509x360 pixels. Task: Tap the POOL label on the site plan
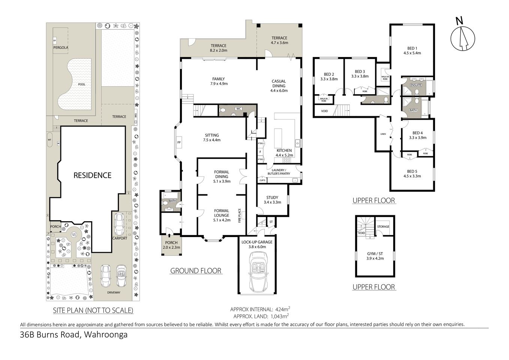coord(81,84)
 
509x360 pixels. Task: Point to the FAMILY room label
coord(218,79)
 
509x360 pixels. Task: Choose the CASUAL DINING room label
coord(279,84)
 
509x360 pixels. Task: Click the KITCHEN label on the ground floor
coord(284,150)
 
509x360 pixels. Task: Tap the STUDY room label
coord(272,198)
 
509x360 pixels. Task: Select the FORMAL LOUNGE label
coord(221,213)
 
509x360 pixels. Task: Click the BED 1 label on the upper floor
coord(412,48)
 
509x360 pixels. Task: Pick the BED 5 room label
coord(412,171)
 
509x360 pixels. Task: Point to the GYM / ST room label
coord(375,254)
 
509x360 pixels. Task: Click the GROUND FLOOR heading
coord(195,270)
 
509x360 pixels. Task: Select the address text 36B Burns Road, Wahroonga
coord(74,334)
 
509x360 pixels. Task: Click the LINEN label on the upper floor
coord(383,134)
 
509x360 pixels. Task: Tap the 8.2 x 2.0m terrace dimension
coord(218,50)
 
